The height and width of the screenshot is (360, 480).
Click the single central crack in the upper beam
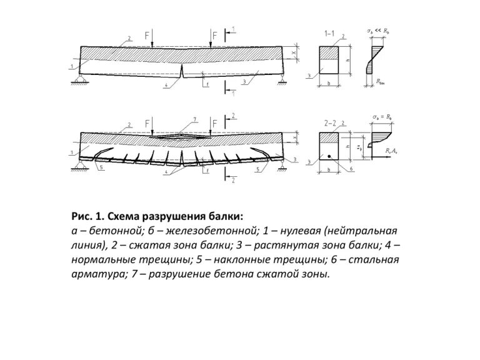pos(182,74)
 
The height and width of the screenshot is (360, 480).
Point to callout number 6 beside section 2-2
pos(352,169)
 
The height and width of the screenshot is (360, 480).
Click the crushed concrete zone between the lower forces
pos(182,134)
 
